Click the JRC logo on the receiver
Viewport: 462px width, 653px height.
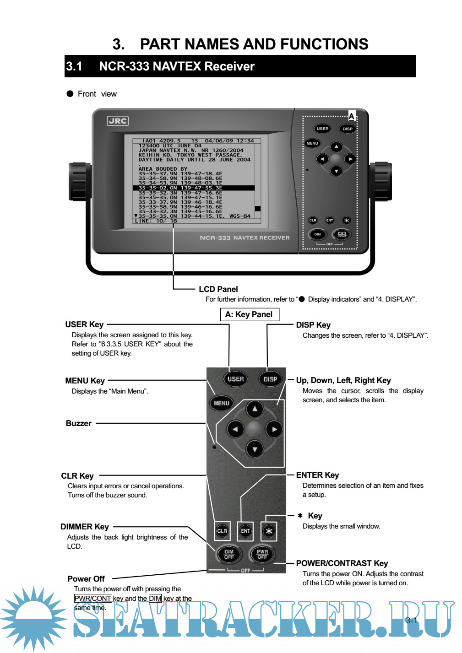click(118, 121)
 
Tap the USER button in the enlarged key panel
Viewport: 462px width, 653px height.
click(235, 379)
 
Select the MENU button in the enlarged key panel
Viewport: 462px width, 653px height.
click(221, 403)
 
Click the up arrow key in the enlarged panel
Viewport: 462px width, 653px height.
click(255, 409)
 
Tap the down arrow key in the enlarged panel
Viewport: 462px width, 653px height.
click(255, 449)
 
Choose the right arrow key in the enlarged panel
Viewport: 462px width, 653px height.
click(274, 429)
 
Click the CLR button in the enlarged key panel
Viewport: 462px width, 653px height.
click(222, 531)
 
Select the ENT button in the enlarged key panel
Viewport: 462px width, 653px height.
click(245, 531)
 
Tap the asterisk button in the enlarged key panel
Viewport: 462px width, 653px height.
click(269, 531)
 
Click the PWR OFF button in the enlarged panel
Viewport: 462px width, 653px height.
click(262, 554)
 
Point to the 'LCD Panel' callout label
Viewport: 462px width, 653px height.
click(218, 289)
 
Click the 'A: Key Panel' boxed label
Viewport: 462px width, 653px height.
click(249, 314)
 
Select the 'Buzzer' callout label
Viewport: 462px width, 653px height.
click(79, 423)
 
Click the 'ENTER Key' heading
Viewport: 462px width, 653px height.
click(317, 475)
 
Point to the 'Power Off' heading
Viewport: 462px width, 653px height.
click(86, 579)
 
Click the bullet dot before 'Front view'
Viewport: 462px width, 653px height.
click(70, 94)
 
